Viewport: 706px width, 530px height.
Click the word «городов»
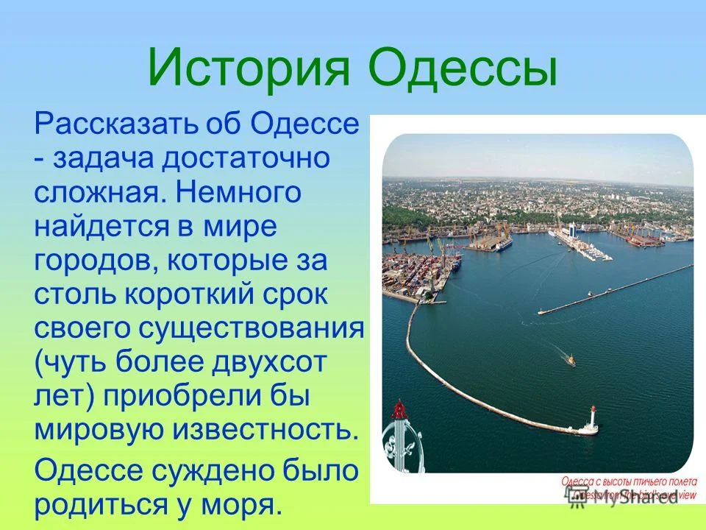93,262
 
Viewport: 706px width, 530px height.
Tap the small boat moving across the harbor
570,359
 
